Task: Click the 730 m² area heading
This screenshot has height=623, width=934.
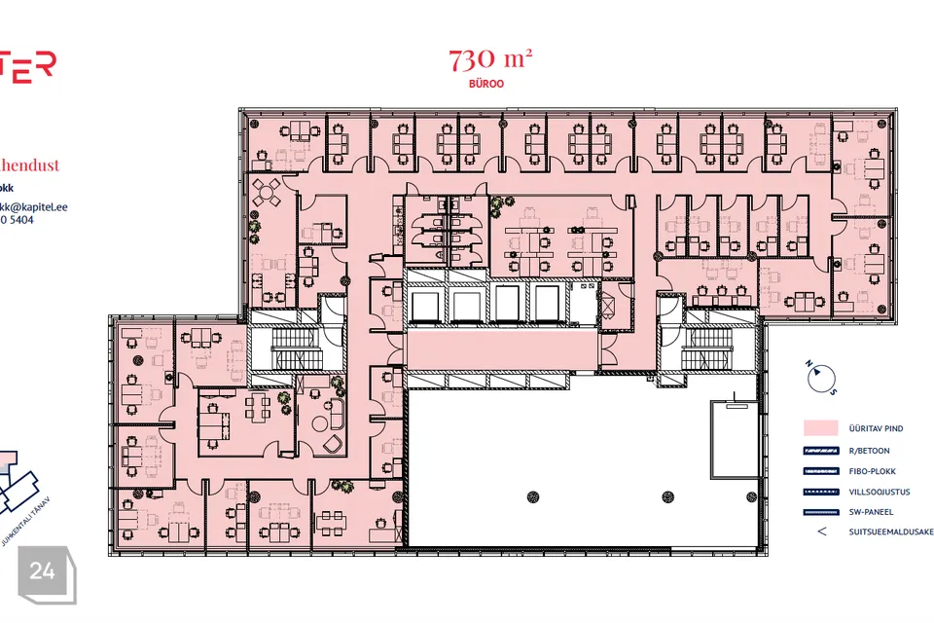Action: pos(489,61)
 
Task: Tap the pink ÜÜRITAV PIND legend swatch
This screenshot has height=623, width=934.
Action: pos(822,427)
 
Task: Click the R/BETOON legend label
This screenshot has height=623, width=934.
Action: pos(868,451)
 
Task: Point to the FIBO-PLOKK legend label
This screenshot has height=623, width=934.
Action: pos(871,471)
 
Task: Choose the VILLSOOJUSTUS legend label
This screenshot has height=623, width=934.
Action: pos(880,492)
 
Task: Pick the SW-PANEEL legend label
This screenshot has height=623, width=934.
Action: pos(871,512)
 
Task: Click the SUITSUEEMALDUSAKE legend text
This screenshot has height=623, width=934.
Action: pos(890,532)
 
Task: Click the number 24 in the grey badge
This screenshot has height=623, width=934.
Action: pos(42,571)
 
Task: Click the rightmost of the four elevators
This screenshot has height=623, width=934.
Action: pos(546,305)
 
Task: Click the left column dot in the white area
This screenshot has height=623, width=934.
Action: pos(533,497)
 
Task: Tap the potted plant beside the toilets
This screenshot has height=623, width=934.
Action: pos(501,203)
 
